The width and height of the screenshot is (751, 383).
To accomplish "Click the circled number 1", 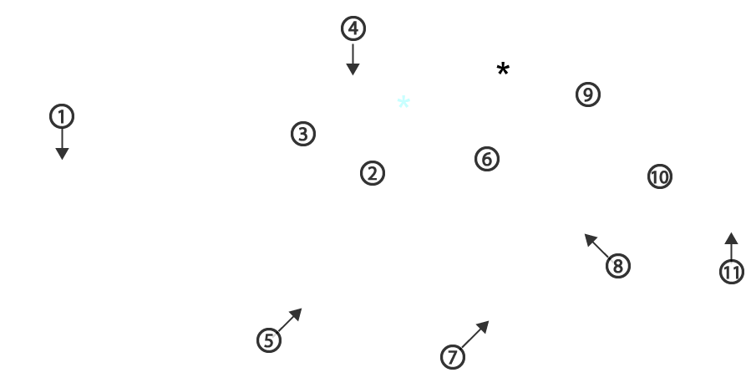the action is point(62,116).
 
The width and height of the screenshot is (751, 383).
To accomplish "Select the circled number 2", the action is point(373,173).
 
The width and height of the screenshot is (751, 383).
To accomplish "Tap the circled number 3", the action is point(303,134).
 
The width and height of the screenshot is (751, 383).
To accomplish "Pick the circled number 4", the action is point(353,28).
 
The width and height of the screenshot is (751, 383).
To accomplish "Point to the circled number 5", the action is point(269,340).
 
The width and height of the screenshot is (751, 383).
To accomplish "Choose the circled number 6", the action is point(487,159).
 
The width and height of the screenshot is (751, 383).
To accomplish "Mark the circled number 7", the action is point(453,356).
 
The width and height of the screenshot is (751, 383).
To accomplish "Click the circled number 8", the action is point(618,266).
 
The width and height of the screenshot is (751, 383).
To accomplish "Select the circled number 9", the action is point(588,94).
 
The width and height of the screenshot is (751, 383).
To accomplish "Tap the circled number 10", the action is point(660,177).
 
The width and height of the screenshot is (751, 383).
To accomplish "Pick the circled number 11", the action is point(732,272).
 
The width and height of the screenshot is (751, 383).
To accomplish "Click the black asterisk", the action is point(503,69).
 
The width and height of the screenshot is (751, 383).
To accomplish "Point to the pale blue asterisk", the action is point(403,102).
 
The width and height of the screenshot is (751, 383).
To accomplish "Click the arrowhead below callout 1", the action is point(62,153).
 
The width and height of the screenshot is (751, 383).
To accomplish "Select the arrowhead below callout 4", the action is point(353,69).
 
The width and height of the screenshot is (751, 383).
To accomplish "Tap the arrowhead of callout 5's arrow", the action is point(297,314).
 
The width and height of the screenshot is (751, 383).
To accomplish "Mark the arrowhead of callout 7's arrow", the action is point(484,327).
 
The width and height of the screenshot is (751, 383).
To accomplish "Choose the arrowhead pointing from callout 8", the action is point(591,240).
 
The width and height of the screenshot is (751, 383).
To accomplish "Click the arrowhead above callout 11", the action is point(731,238).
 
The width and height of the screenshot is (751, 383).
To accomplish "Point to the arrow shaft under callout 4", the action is point(353,54).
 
